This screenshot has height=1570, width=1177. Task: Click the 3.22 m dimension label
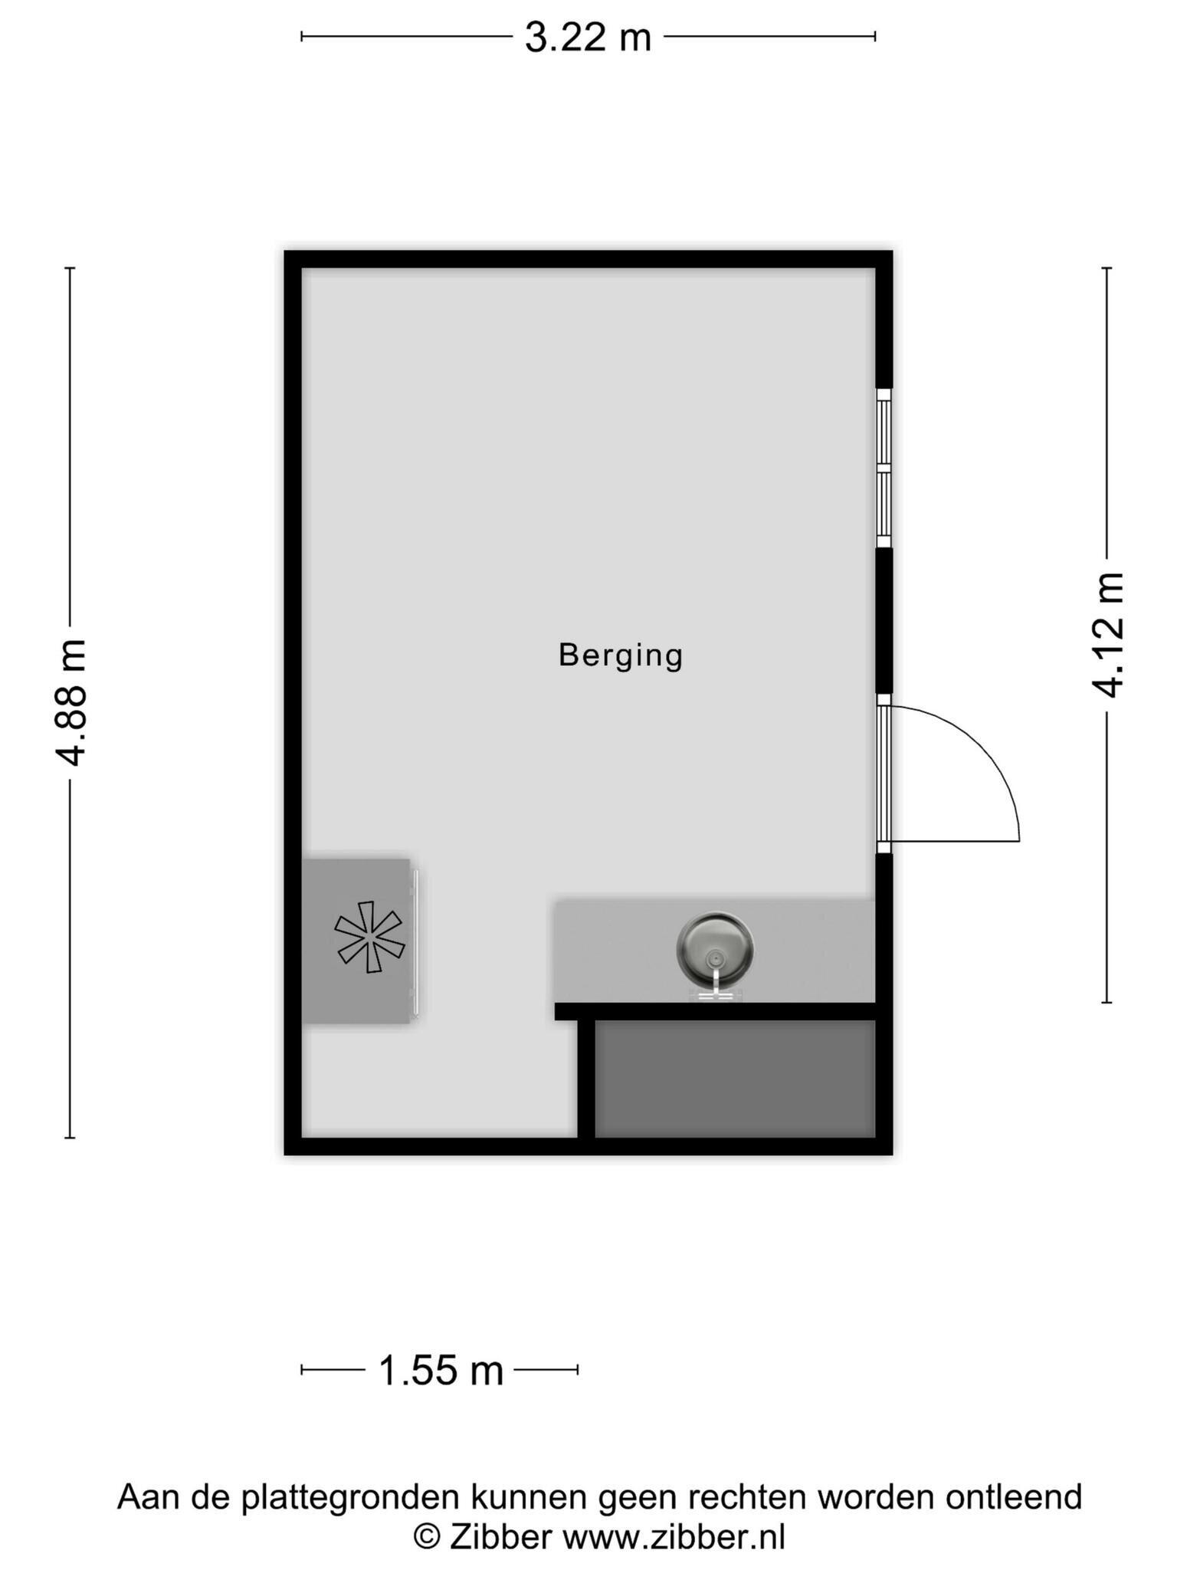coord(588,37)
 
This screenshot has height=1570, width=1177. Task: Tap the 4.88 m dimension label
coord(71,702)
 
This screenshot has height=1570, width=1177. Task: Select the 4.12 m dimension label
coord(1107,635)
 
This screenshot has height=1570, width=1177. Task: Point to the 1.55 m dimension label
coord(441,1370)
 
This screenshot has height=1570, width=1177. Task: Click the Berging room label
coord(621,656)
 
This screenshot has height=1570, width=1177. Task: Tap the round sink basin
coord(715,949)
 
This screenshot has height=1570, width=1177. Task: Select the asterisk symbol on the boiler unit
coord(369,937)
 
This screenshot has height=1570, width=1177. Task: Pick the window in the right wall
coord(884,468)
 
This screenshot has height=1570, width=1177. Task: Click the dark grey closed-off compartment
coord(735,1079)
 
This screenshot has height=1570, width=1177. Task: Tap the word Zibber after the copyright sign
coord(500,1532)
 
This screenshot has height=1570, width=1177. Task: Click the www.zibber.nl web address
coord(674,1532)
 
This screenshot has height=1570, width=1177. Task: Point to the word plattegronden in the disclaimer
coord(350,1496)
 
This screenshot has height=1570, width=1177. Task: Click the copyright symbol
coord(427,1533)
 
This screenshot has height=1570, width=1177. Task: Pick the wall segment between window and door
coord(884,620)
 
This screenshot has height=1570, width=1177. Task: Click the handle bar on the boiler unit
coord(415,941)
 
